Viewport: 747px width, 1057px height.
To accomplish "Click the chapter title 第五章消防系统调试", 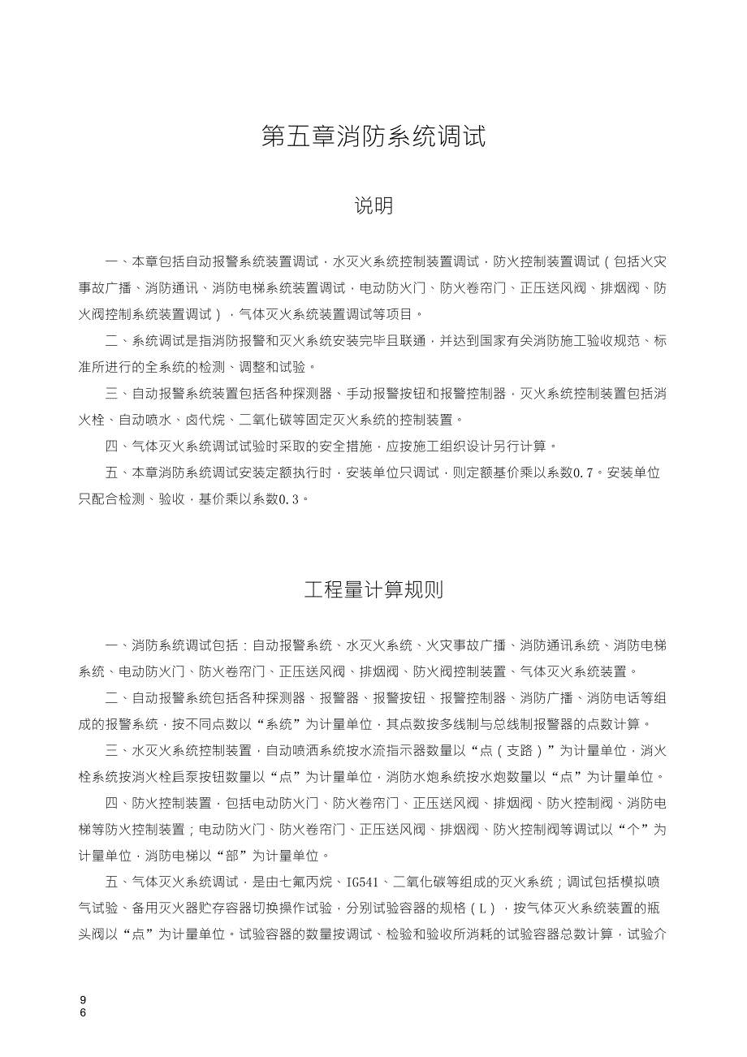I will [373, 136].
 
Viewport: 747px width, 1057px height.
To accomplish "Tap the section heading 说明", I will [373, 206].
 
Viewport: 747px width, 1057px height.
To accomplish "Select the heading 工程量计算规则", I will [373, 589].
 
